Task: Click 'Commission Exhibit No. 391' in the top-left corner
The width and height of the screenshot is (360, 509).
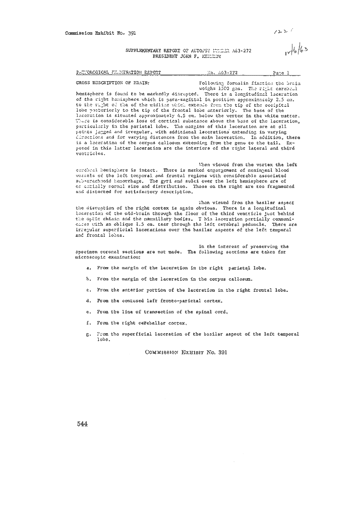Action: coord(101,33)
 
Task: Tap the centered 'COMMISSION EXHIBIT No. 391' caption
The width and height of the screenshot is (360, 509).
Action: coord(186,352)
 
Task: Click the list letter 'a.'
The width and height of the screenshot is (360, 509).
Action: coord(89,268)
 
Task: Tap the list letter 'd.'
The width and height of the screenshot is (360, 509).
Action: coord(89,301)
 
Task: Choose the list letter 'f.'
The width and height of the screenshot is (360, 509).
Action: coord(89,323)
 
